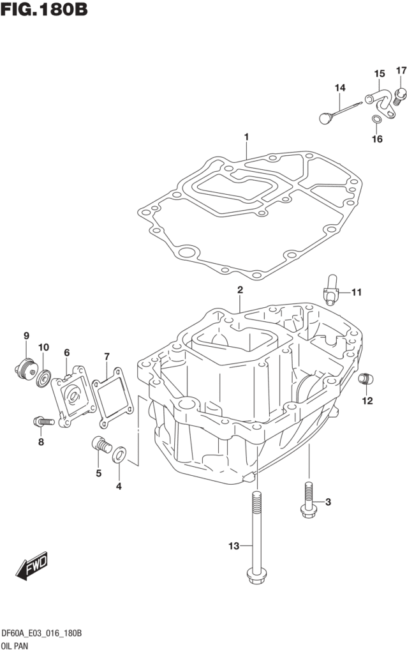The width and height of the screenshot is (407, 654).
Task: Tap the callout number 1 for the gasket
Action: (246, 137)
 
